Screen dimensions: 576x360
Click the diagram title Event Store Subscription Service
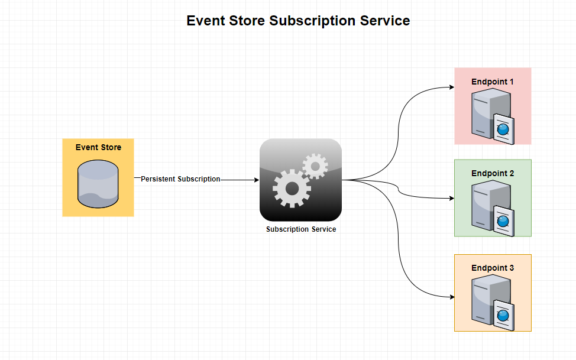tap(298, 21)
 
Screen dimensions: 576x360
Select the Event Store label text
tap(98, 147)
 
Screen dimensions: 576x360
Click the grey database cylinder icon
tap(98, 184)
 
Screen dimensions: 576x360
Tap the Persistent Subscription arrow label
tap(180, 179)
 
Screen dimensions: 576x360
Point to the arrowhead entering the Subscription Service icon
tap(257, 180)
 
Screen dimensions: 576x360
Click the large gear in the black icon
tap(292, 189)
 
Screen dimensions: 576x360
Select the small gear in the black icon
tap(315, 167)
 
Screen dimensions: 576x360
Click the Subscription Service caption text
tap(301, 229)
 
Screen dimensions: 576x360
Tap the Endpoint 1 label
tap(492, 82)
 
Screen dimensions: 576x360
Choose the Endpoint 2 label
tap(493, 173)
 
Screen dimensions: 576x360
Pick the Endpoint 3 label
tap(493, 268)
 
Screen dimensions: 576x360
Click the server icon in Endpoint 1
tap(493, 116)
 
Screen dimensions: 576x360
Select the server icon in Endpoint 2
tap(493, 208)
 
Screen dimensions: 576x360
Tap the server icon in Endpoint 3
tap(493, 303)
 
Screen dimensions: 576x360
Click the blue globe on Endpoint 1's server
tap(503, 129)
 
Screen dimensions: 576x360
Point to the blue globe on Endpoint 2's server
tap(503, 221)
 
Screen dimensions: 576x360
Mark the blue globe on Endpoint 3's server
tap(503, 316)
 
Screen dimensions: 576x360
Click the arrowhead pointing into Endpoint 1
tap(452, 87)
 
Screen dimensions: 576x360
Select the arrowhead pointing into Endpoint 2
tap(452, 199)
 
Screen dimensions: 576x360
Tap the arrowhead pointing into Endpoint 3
tap(452, 297)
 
